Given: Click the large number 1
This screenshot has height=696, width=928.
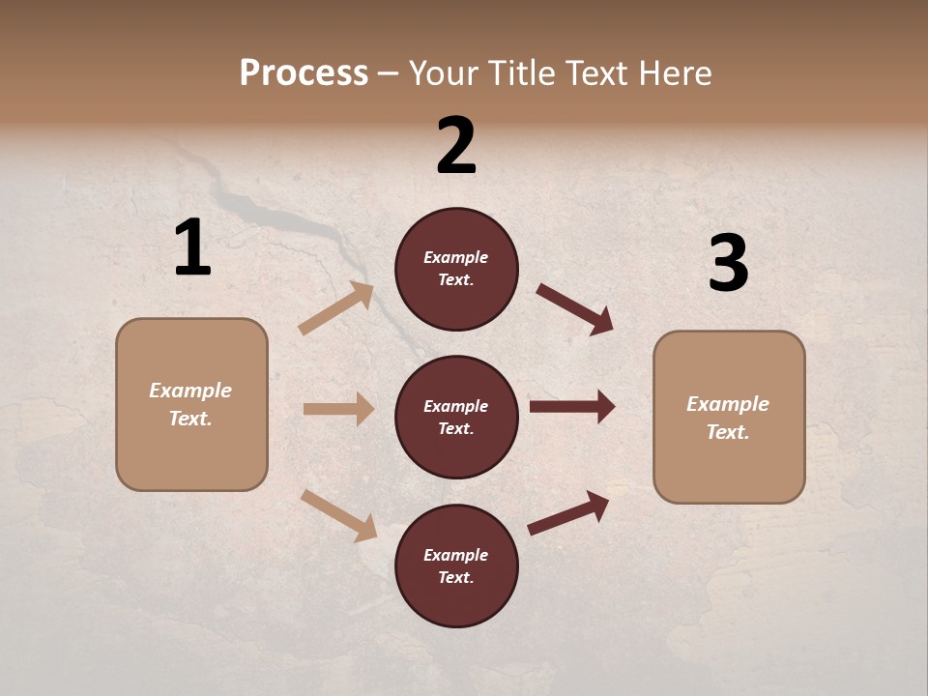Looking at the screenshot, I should (x=192, y=248).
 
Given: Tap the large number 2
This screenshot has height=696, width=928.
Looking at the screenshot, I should (x=456, y=146).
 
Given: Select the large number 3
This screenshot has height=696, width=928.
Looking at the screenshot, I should (x=728, y=264).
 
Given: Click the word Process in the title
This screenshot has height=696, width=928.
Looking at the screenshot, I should (x=304, y=72).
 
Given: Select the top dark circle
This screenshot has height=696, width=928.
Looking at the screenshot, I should (x=456, y=269).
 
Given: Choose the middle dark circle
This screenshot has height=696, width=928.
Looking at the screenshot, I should (x=456, y=417).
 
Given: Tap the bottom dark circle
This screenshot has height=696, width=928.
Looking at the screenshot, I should (x=456, y=565).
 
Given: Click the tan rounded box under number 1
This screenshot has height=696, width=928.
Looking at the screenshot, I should (x=191, y=404).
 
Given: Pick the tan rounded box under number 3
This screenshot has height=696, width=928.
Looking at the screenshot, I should (x=729, y=417).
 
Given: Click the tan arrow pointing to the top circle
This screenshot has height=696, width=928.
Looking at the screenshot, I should (x=336, y=308).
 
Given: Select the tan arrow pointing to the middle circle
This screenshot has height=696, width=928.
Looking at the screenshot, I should (x=338, y=409).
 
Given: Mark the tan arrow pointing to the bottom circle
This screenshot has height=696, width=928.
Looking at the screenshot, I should (x=338, y=515).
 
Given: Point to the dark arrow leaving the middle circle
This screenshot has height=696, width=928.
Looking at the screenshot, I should (x=572, y=407).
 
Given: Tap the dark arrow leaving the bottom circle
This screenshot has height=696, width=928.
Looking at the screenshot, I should (x=568, y=512).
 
